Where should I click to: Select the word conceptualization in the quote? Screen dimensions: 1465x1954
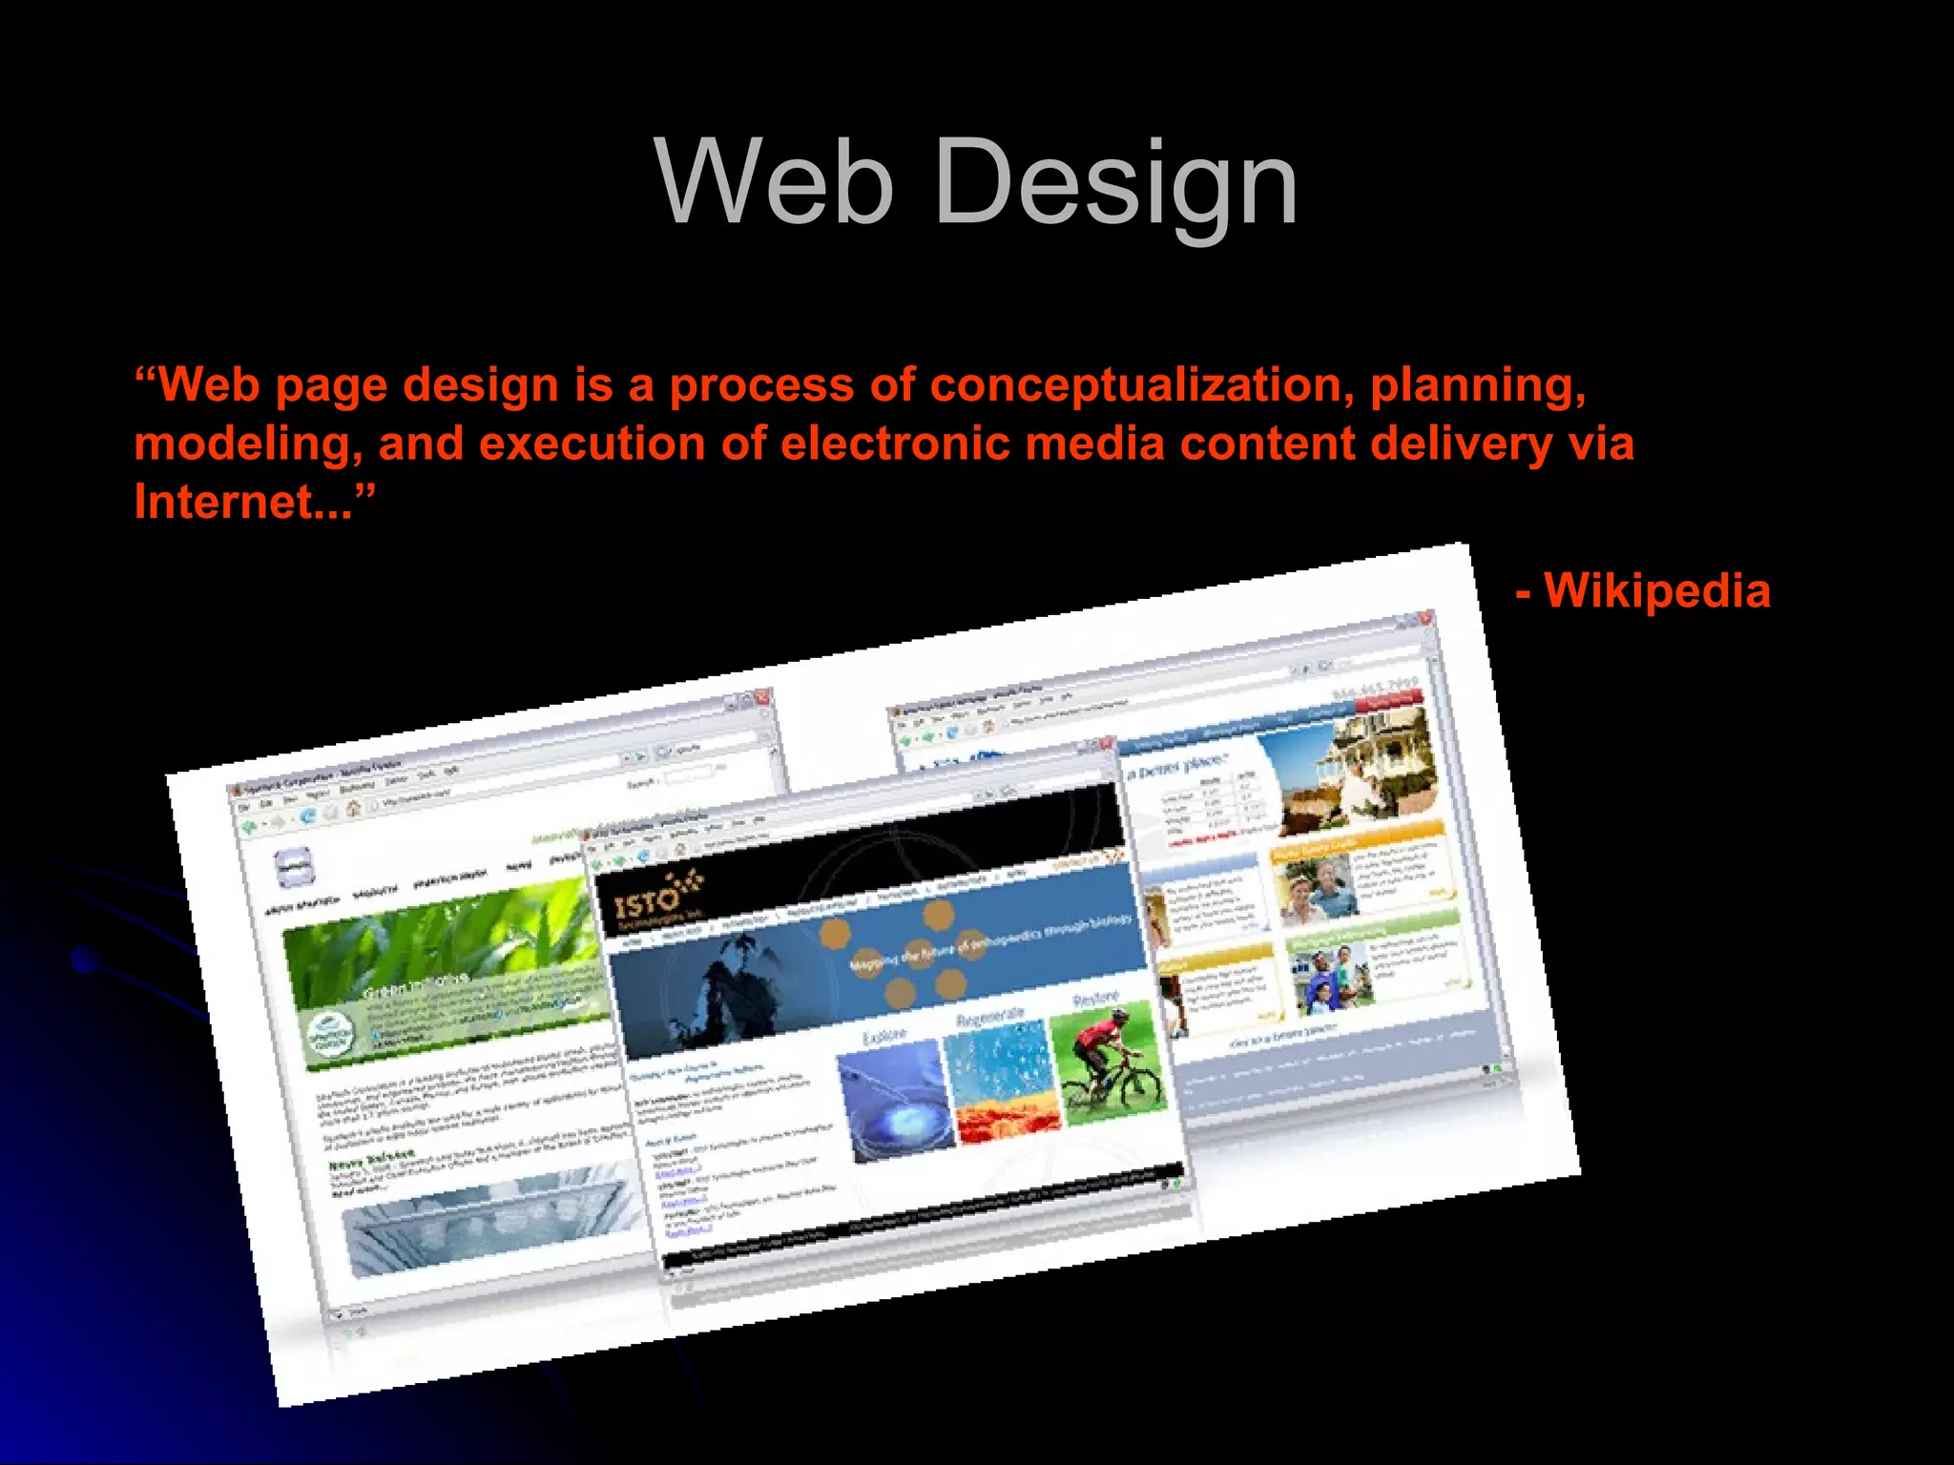pyautogui.click(x=1141, y=385)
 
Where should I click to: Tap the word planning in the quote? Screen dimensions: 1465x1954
pyautogui.click(x=1478, y=385)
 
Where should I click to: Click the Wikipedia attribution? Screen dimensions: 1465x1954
pyautogui.click(x=1655, y=591)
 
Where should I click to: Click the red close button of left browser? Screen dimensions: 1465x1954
pyautogui.click(x=761, y=697)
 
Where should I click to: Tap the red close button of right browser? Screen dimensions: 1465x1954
pyautogui.click(x=1425, y=619)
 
